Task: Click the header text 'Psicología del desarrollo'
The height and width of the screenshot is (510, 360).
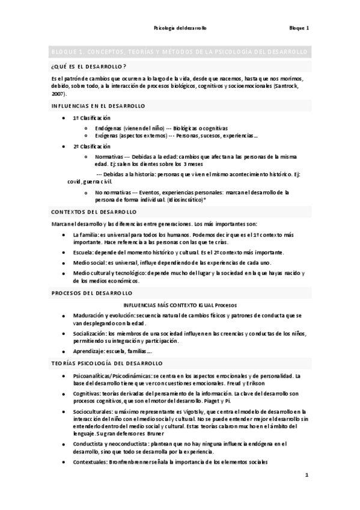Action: pos(180,28)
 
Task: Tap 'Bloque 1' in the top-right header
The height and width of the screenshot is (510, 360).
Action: pos(299,28)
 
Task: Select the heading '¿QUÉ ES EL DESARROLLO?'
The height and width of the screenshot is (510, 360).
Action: pos(89,66)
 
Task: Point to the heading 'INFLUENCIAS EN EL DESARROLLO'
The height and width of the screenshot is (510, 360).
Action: pos(99,106)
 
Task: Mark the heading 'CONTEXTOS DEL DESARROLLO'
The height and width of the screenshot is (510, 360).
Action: pos(94,212)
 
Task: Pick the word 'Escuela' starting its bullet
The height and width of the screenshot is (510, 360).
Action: pos(83,253)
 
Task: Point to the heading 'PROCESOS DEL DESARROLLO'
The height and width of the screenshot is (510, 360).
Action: pos(92,293)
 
